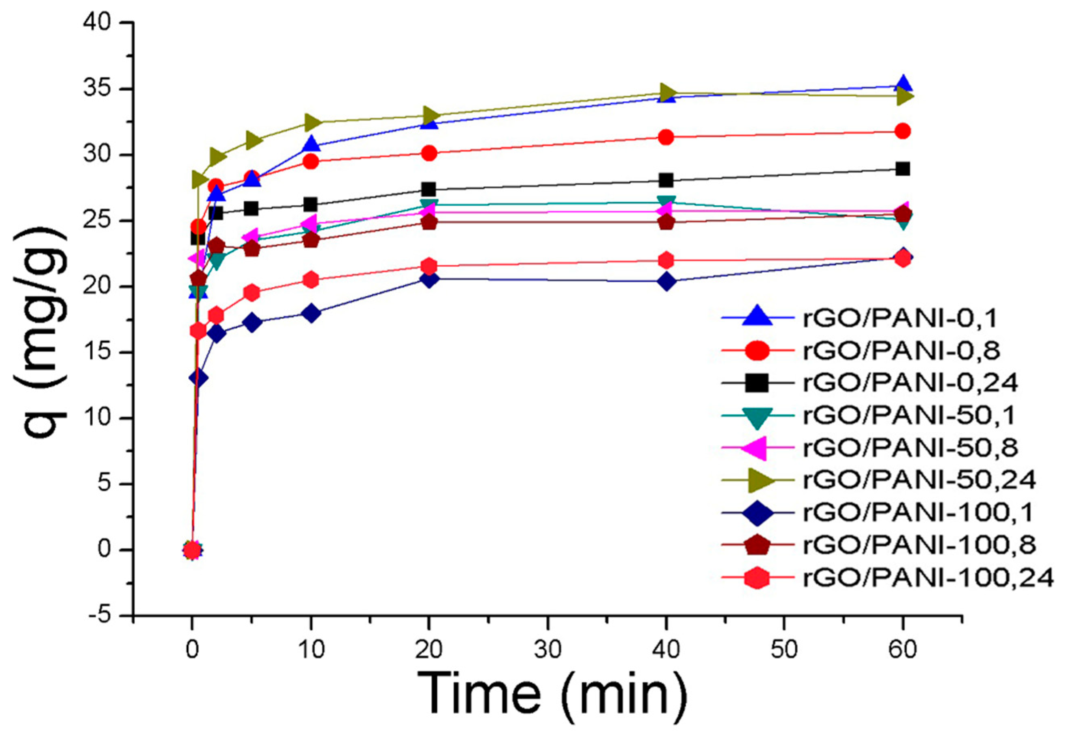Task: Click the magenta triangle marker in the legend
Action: click(x=757, y=448)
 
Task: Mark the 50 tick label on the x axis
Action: click(x=784, y=650)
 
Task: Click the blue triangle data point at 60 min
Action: click(x=903, y=85)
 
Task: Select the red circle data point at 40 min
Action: click(x=666, y=137)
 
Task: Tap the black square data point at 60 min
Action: click(x=903, y=169)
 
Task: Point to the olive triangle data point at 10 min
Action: click(x=311, y=122)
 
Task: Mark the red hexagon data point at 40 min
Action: click(x=666, y=260)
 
